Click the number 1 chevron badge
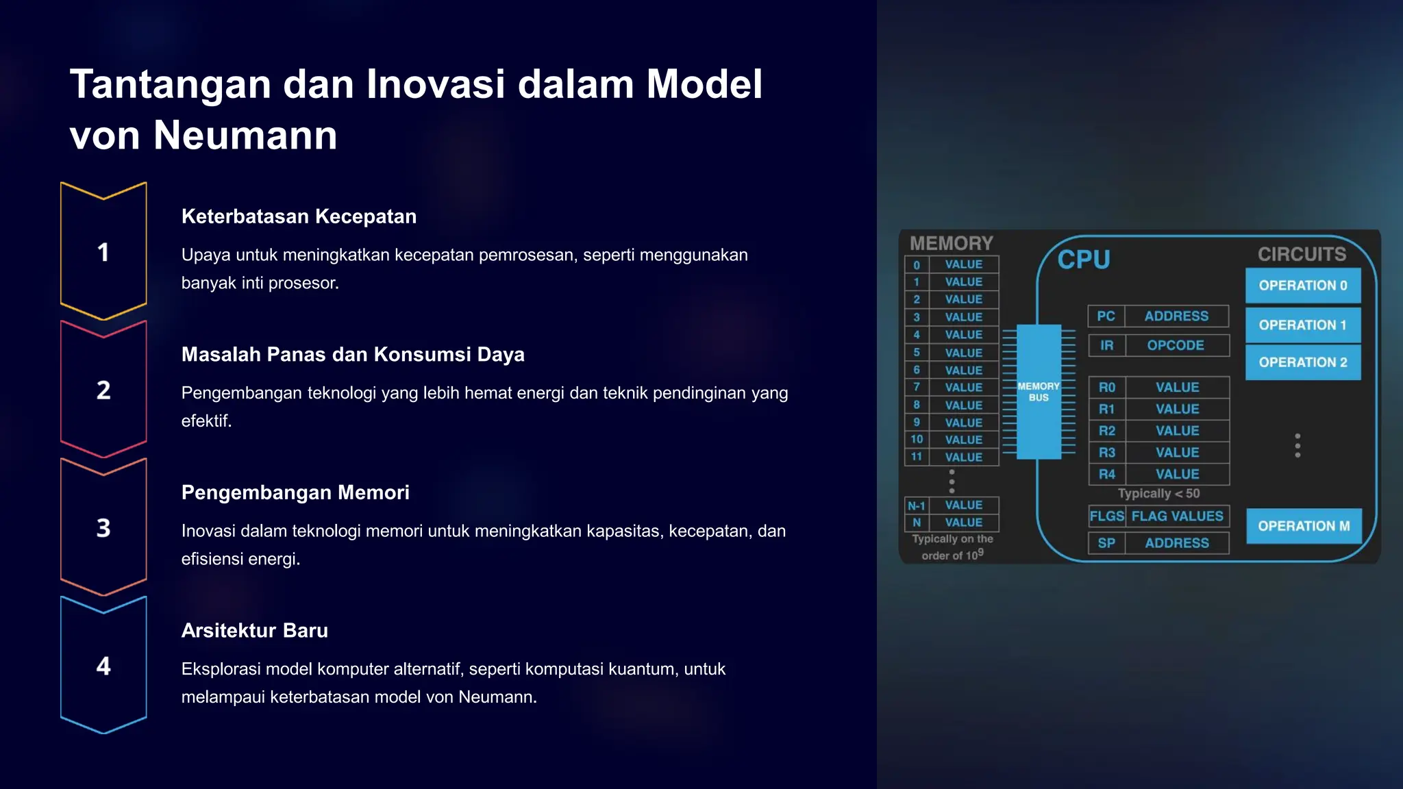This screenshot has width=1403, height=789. click(103, 251)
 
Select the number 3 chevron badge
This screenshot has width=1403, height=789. click(103, 527)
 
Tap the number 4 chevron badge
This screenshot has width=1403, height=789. click(103, 666)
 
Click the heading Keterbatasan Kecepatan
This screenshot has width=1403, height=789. click(299, 216)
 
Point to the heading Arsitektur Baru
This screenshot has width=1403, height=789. click(254, 630)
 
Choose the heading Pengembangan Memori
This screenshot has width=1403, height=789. click(295, 492)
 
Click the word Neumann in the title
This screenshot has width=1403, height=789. click(245, 135)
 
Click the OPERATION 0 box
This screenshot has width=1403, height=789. click(1302, 286)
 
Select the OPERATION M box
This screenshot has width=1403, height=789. click(1303, 526)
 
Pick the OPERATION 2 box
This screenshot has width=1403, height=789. click(1302, 362)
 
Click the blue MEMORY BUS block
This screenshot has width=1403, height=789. click(1039, 392)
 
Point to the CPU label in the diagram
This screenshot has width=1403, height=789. click(1083, 260)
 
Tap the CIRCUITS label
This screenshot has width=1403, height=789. click(1302, 254)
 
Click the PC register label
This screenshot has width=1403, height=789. click(1106, 316)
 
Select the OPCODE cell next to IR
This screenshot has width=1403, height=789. click(1176, 345)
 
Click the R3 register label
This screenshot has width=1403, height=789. click(1106, 453)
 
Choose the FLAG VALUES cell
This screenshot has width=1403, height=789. click(1177, 516)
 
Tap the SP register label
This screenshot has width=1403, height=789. click(1106, 543)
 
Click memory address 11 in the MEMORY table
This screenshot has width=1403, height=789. click(917, 457)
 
